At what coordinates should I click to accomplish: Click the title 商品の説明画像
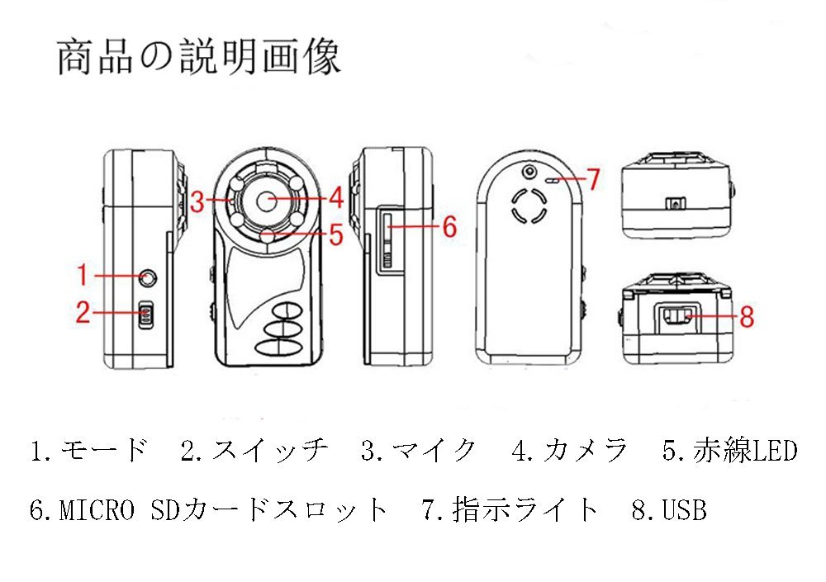click(x=198, y=58)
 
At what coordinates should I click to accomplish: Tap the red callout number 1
click(x=82, y=274)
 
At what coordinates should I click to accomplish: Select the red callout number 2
click(x=83, y=313)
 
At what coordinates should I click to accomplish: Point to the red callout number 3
click(x=195, y=201)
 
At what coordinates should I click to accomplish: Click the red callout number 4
click(x=335, y=198)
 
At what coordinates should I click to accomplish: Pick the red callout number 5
click(x=335, y=235)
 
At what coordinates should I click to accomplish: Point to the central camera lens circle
click(x=266, y=201)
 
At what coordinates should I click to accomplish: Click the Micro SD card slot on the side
click(x=387, y=239)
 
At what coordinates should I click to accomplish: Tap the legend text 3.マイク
click(x=419, y=451)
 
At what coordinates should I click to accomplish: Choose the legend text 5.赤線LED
click(x=729, y=451)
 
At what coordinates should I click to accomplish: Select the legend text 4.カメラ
click(x=570, y=451)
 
